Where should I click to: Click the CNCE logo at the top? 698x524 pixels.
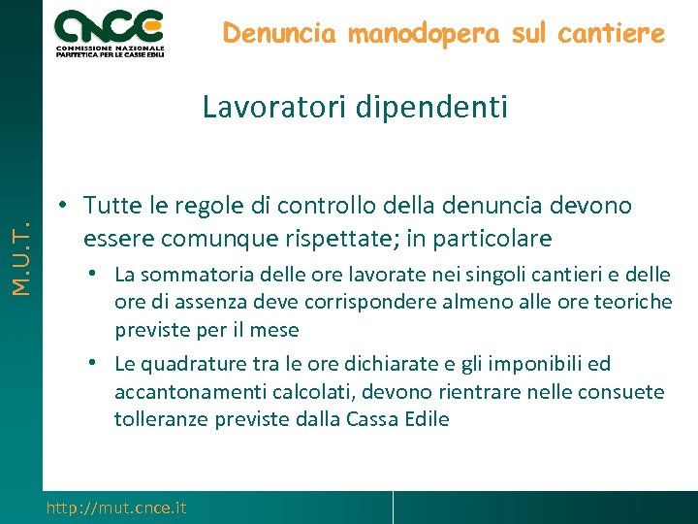110,32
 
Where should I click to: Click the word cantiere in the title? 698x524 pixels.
618,34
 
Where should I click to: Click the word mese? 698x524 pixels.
276,330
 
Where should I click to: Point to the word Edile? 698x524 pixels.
424,419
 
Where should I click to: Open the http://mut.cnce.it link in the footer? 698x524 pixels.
116,508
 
